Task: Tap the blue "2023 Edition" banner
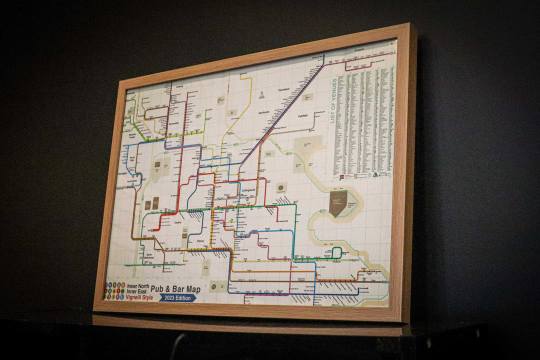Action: [177, 297]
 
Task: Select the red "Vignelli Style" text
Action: [139, 297]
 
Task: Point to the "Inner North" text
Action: [138, 286]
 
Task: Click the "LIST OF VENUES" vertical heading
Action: [333, 100]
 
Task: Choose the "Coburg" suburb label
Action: [179, 86]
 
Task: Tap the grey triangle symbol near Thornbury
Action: [261, 94]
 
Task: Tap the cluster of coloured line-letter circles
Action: [114, 290]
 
